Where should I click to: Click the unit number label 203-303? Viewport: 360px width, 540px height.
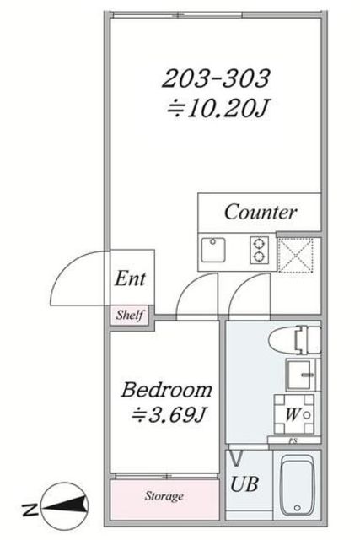[x=216, y=78]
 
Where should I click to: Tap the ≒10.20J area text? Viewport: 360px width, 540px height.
[x=218, y=109]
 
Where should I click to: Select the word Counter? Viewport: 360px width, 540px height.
[x=261, y=212]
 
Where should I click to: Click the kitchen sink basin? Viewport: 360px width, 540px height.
[x=213, y=250]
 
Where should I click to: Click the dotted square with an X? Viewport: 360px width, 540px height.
[x=296, y=255]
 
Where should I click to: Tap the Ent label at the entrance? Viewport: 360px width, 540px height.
[x=130, y=278]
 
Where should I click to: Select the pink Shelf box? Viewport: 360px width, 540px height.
[x=129, y=315]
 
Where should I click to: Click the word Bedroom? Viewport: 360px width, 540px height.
[x=167, y=390]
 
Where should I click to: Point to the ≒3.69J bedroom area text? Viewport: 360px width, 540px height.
[x=169, y=415]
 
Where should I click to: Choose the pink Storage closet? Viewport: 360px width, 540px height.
[x=164, y=499]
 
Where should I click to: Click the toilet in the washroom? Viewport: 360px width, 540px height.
[x=295, y=340]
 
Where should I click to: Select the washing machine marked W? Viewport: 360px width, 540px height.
[x=294, y=414]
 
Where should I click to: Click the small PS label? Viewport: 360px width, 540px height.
[x=293, y=440]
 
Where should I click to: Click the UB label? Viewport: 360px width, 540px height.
[x=244, y=483]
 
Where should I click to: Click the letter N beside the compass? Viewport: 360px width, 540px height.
[x=30, y=510]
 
